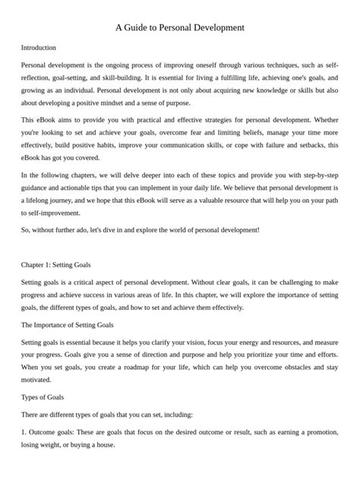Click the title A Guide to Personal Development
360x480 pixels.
pyautogui.click(x=180, y=27)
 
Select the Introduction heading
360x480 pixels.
pyautogui.click(x=39, y=47)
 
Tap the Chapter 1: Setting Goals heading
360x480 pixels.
pyautogui.click(x=56, y=265)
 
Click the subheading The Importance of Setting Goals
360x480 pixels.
pyautogui.click(x=68, y=324)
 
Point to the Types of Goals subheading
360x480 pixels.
pyautogui.click(x=43, y=396)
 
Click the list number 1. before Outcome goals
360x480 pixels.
pyautogui.click(x=24, y=433)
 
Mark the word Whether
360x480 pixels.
pyautogui.click(x=322, y=121)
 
